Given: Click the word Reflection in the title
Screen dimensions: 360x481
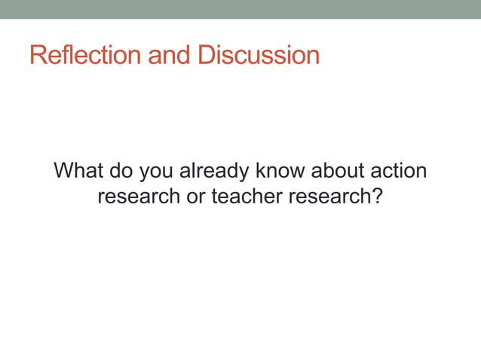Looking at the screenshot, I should (x=83, y=56).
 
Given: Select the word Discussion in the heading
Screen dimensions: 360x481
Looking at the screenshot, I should (x=259, y=56).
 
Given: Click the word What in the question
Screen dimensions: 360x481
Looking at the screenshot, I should (x=79, y=171).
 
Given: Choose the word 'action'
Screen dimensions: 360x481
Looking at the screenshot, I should (x=399, y=171).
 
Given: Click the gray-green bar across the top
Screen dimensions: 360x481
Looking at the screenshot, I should (x=240, y=9).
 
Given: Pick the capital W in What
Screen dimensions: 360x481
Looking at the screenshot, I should (x=66, y=171).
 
